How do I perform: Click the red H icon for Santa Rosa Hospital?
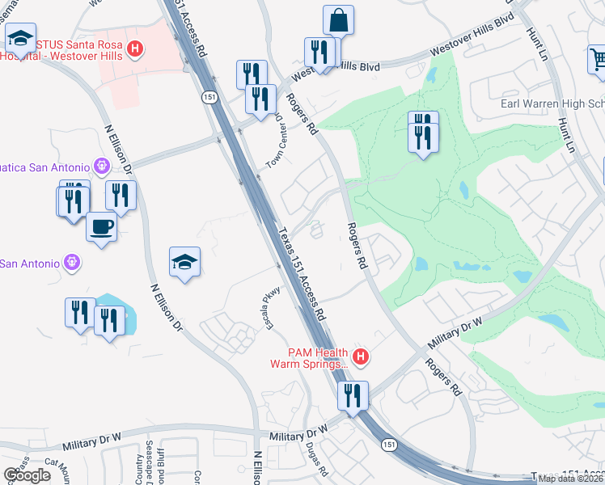point(136,49)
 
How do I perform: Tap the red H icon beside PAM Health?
point(362,356)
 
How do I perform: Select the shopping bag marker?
point(338,20)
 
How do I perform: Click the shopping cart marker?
point(597,60)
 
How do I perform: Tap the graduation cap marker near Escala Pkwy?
point(184,263)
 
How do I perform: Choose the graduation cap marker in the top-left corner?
point(19,37)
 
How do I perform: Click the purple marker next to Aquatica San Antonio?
point(101,166)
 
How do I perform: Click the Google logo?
point(27,475)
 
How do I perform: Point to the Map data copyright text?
point(570,479)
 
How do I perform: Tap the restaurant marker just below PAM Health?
point(353,396)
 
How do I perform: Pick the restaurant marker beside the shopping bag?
point(319,53)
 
